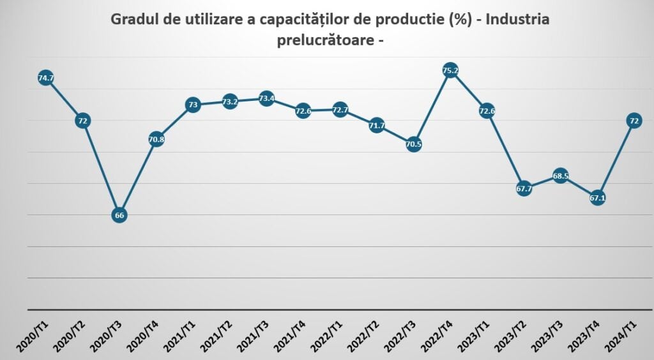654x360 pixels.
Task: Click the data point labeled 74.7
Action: (x=45, y=79)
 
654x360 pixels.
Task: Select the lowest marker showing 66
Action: (x=119, y=215)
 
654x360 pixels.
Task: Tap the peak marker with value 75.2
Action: (x=450, y=71)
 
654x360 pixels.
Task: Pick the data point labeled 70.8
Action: (x=156, y=139)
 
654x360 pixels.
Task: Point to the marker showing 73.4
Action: (x=266, y=98)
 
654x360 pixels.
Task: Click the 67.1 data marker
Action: (x=598, y=199)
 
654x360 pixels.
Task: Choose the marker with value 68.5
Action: (x=561, y=176)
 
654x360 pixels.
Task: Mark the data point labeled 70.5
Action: (x=414, y=144)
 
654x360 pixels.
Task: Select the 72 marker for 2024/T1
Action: (x=634, y=120)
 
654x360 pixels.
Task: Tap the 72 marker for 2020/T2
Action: (x=82, y=120)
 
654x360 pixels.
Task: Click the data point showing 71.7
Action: (x=377, y=125)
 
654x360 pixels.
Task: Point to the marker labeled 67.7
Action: (x=524, y=188)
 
